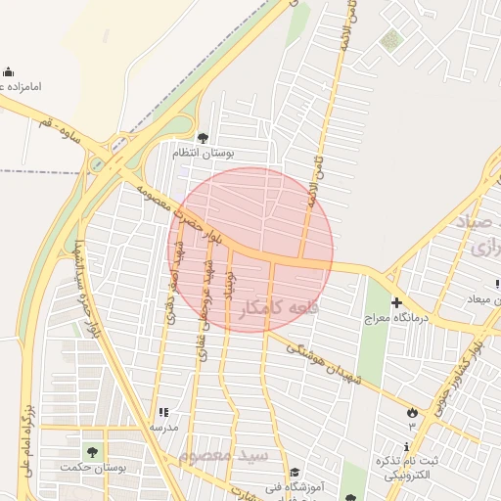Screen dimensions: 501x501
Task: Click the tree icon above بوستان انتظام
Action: tap(203, 138)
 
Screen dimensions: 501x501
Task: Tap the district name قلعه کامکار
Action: tap(275, 308)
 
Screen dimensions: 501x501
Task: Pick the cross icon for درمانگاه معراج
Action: tap(396, 302)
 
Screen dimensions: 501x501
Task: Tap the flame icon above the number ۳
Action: tap(412, 413)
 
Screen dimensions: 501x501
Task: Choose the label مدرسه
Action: tap(163, 428)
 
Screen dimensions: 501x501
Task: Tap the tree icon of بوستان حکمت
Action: tap(92, 452)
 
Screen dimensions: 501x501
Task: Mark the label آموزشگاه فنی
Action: tap(309, 485)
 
